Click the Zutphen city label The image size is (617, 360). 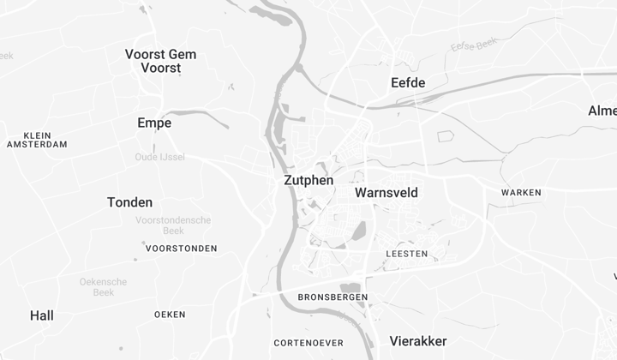point(308,181)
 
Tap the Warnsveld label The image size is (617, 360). point(386,193)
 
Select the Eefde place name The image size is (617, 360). point(408,82)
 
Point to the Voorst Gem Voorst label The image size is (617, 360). point(160,61)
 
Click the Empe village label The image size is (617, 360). point(154,123)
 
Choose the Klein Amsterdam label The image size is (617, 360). point(37,140)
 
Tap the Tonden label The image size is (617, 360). point(130,202)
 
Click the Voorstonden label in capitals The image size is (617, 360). point(182,249)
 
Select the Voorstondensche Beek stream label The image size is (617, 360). point(173,225)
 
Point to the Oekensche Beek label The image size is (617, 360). point(104,286)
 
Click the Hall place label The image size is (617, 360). point(42,315)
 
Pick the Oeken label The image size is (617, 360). point(170,315)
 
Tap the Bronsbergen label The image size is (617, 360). point(332,297)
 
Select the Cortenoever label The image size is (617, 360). point(308,343)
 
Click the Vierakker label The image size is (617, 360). point(418,341)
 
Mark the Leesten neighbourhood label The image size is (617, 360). point(407,255)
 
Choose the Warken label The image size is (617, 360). point(521,193)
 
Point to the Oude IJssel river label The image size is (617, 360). point(159,157)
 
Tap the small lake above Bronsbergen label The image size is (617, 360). point(350,287)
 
